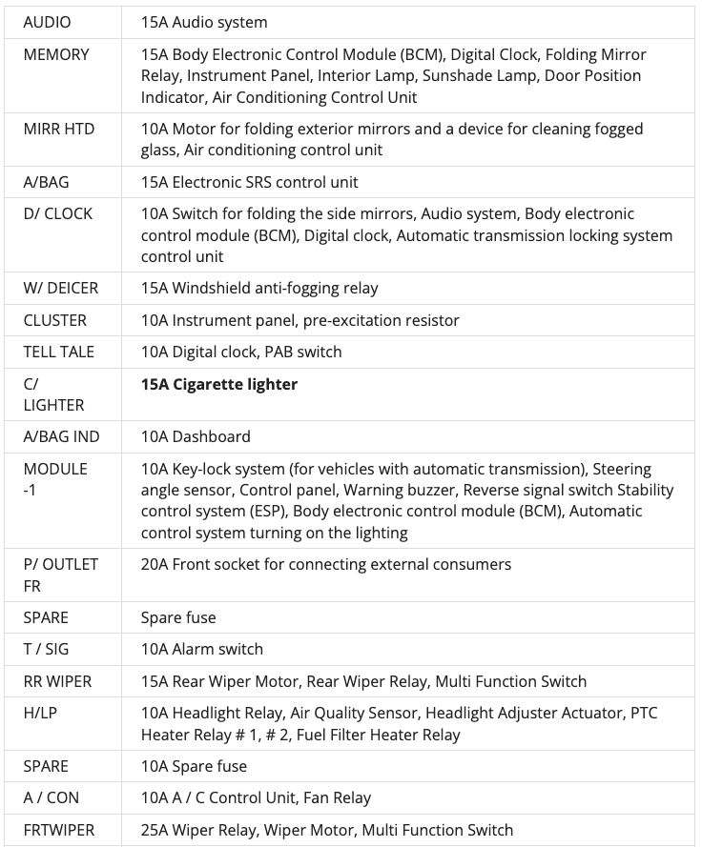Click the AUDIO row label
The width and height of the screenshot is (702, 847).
tap(47, 22)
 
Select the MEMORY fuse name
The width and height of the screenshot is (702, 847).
tap(56, 54)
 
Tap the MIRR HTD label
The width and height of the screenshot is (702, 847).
tap(59, 129)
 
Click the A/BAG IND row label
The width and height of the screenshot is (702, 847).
tap(61, 436)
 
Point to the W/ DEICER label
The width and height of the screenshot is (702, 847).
tap(60, 288)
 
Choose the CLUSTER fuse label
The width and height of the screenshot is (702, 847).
tap(54, 320)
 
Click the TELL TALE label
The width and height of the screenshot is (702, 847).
tap(58, 352)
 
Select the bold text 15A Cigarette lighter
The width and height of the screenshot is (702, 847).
tap(219, 384)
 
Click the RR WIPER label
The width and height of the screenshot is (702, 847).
tap(57, 681)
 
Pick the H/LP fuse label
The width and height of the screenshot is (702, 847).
tap(40, 713)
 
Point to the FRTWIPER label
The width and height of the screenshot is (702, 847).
tap(58, 830)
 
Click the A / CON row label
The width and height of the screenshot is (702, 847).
tap(51, 797)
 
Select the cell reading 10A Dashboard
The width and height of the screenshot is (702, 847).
tap(196, 436)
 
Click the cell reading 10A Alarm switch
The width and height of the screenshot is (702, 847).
tap(202, 649)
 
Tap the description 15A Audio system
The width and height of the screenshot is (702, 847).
tap(204, 22)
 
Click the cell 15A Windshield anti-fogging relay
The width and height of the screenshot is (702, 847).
tap(259, 288)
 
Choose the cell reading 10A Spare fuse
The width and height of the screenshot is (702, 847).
tap(194, 766)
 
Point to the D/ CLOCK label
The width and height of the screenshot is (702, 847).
tap(57, 213)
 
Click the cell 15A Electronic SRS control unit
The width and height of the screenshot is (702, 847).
tap(250, 182)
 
